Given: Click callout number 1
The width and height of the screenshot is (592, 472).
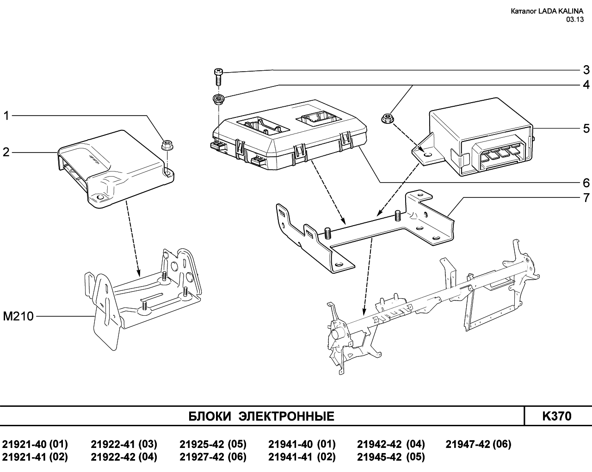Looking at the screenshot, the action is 6,116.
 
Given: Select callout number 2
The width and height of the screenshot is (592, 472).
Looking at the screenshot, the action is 6,152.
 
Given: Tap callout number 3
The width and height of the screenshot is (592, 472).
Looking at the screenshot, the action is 586,70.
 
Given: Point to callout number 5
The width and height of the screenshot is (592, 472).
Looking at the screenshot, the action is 586,129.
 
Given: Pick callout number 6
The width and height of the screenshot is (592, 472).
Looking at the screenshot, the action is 586,183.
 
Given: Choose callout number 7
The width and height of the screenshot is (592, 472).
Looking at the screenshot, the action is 586,198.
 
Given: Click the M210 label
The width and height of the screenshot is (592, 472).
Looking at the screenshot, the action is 18,316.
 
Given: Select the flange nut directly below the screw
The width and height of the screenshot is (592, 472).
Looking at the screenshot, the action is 219,99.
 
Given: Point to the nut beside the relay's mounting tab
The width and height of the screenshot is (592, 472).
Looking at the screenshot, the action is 387,118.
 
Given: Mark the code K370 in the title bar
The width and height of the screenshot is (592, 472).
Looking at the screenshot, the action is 557,416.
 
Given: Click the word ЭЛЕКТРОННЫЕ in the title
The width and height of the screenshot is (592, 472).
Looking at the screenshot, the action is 286,417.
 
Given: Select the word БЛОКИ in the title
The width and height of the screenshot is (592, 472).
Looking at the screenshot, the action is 210,417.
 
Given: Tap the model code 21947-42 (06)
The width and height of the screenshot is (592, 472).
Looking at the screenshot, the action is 478,444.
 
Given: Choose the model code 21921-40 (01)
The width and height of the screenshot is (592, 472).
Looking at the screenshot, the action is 35,444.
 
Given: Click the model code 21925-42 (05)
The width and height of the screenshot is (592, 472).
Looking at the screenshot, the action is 213,444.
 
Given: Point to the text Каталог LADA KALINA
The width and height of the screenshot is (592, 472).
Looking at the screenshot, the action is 547,11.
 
